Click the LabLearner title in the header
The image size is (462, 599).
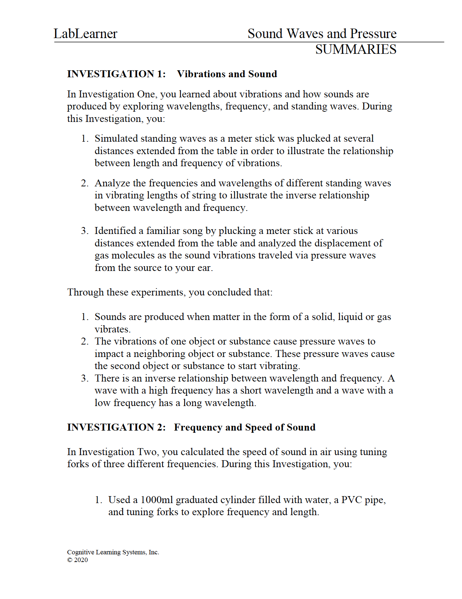(85, 34)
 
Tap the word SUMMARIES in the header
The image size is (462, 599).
(355, 49)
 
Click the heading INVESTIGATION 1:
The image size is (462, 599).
(116, 74)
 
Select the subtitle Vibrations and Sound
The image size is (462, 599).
(227, 74)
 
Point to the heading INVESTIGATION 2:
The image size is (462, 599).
(116, 427)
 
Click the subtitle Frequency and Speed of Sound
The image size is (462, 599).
(245, 427)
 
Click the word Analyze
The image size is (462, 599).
(112, 183)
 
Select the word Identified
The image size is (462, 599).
(115, 231)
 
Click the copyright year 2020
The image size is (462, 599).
(81, 560)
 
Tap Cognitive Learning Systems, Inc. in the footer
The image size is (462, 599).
(113, 552)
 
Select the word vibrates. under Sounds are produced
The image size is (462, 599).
(112, 329)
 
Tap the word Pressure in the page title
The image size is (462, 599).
(373, 34)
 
